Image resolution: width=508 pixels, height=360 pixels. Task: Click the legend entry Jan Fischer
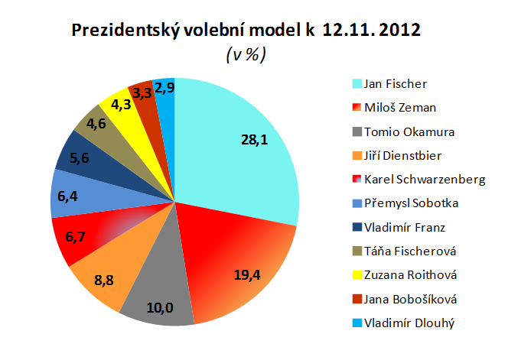coord(396,83)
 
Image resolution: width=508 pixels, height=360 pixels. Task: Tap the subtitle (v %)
coord(246,55)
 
